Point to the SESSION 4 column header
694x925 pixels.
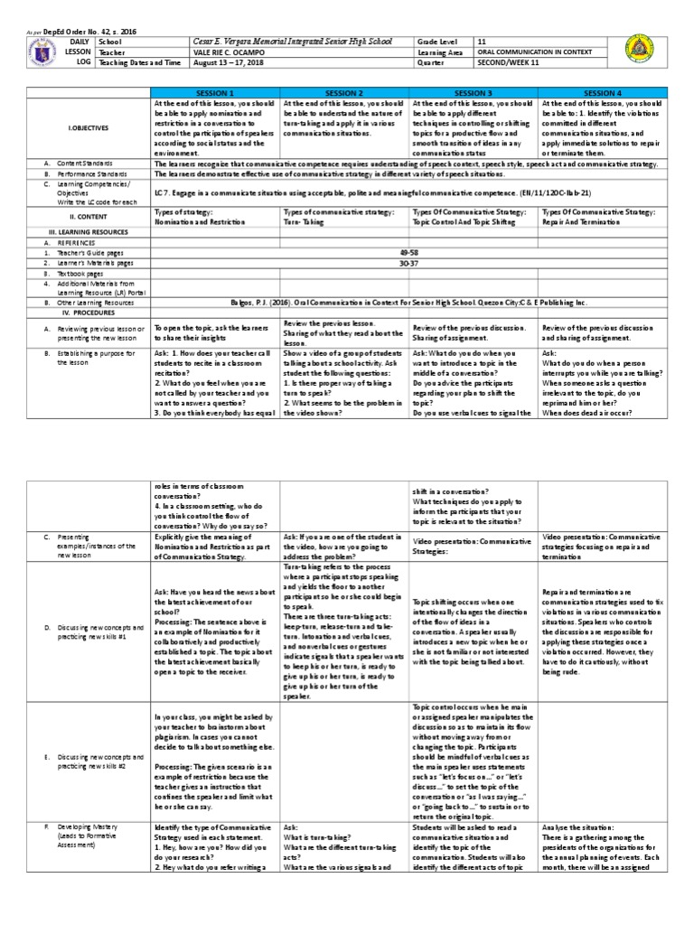(603, 93)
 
